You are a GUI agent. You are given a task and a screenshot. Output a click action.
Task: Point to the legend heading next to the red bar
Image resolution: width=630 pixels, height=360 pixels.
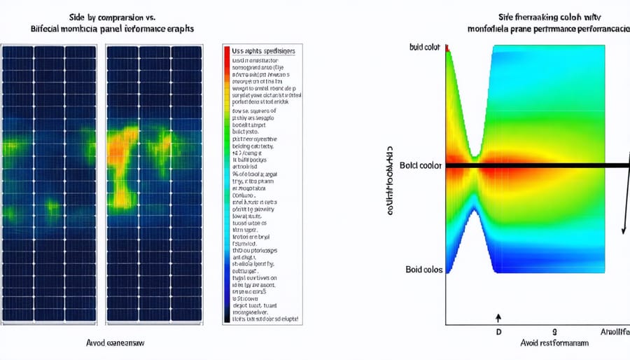(x=263, y=52)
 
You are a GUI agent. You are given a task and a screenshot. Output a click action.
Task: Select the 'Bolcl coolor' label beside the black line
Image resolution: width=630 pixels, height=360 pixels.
(x=421, y=165)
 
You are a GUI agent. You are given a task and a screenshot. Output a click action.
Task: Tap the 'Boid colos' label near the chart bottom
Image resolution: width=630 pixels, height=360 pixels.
(x=423, y=270)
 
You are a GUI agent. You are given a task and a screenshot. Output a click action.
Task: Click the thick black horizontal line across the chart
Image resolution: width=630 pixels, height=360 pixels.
(x=532, y=165)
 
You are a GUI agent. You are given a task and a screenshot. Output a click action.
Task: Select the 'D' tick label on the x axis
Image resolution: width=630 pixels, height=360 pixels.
(x=499, y=331)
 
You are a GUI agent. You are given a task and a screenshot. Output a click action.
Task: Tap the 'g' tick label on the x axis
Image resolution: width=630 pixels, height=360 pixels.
(x=554, y=331)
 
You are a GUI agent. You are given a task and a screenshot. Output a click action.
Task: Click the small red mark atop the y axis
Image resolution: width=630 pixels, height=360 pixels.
(x=447, y=48)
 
